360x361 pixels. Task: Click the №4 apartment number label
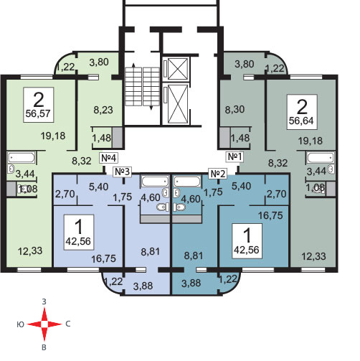click(109, 158)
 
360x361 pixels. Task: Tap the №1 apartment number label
click(235, 157)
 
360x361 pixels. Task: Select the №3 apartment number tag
click(123, 172)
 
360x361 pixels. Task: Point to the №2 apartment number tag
click(218, 174)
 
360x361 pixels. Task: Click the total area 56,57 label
click(38, 113)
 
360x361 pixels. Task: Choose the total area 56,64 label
click(301, 121)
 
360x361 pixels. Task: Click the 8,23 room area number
click(103, 110)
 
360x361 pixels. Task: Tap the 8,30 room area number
click(235, 110)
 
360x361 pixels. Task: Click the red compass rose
click(44, 324)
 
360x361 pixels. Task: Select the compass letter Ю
click(21, 324)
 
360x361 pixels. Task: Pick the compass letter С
click(68, 324)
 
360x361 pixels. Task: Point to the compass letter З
click(44, 302)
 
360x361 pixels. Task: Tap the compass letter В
click(44, 347)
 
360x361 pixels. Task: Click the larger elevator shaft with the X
click(177, 104)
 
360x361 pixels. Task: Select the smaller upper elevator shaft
click(178, 69)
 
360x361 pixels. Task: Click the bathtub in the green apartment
click(22, 158)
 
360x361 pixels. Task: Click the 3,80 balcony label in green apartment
click(99, 62)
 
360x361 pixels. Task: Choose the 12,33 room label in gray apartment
click(314, 256)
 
